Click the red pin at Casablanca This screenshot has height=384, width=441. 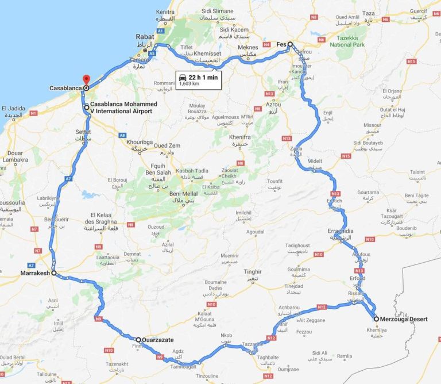pyautogui.click(x=86, y=80)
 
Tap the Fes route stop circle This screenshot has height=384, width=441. pyautogui.click(x=290, y=44)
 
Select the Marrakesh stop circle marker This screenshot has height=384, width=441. pyautogui.click(x=53, y=274)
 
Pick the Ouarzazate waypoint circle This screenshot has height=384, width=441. pyautogui.click(x=138, y=340)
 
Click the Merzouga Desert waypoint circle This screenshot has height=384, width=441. pyautogui.click(x=376, y=318)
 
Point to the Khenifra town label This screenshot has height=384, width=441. pyautogui.click(x=241, y=138)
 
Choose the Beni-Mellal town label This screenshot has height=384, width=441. pyautogui.click(x=184, y=194)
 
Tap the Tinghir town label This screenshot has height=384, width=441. pyautogui.click(x=253, y=271)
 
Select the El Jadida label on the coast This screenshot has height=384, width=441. pyautogui.click(x=13, y=108)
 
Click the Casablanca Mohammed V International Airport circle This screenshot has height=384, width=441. pyautogui.click(x=86, y=107)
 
